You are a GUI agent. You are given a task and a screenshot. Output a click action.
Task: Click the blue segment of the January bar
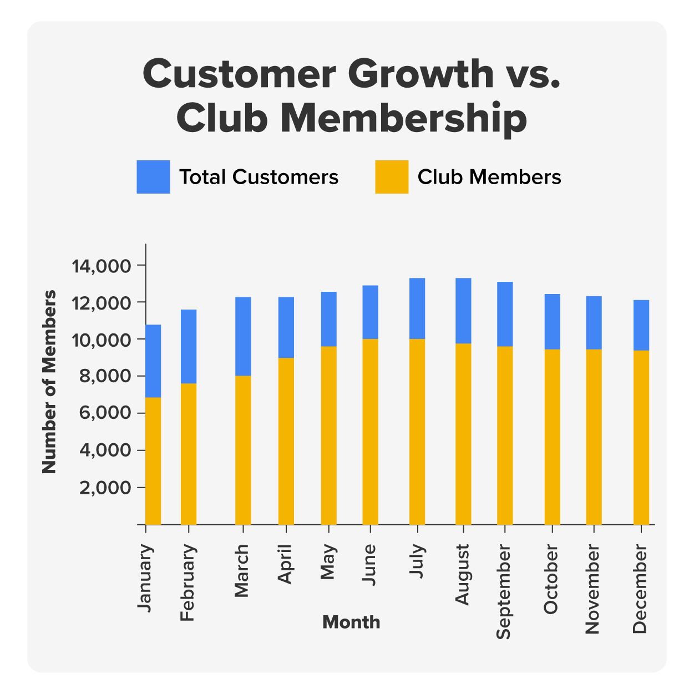153,361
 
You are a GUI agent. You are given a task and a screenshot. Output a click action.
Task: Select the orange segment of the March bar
243,450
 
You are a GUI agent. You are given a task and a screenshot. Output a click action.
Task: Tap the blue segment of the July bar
417,308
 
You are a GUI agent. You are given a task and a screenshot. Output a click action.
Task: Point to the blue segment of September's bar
505,314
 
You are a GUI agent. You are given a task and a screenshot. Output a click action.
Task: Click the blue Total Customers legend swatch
153,177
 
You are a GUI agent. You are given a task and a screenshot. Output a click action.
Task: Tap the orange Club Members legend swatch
392,177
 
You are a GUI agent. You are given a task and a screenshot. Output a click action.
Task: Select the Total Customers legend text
259,177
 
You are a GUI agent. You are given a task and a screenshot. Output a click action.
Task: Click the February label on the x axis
188,582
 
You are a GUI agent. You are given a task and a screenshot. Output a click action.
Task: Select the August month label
462,574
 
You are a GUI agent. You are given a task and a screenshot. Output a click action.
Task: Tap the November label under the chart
592,589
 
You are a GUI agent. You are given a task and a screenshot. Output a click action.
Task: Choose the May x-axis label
328,561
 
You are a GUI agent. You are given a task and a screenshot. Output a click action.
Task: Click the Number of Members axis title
50,382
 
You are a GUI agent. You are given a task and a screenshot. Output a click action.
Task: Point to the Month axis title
351,622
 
